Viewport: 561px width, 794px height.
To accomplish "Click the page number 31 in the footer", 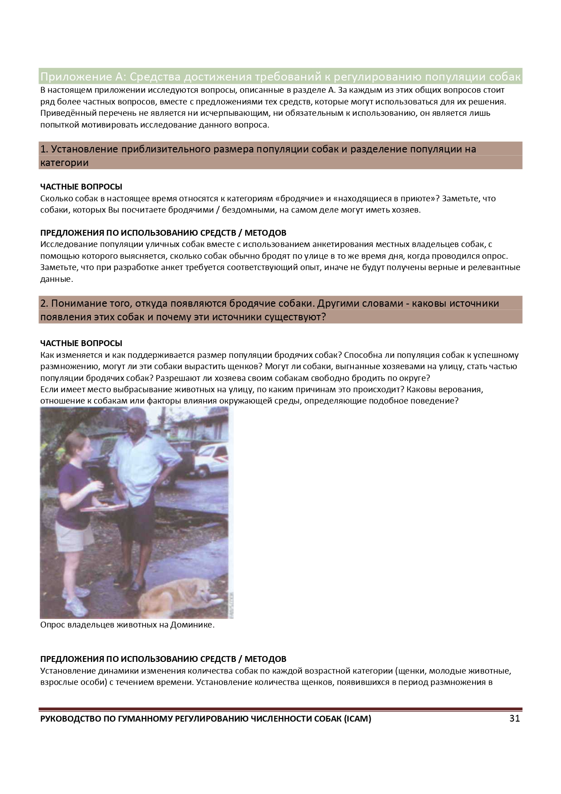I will (514, 718).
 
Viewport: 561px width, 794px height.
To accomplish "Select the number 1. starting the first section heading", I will (44, 149).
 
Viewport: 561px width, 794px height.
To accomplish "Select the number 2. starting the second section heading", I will (45, 303).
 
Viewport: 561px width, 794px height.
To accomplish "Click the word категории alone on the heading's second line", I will (64, 162).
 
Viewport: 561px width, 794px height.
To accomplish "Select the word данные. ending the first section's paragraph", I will (56, 279).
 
